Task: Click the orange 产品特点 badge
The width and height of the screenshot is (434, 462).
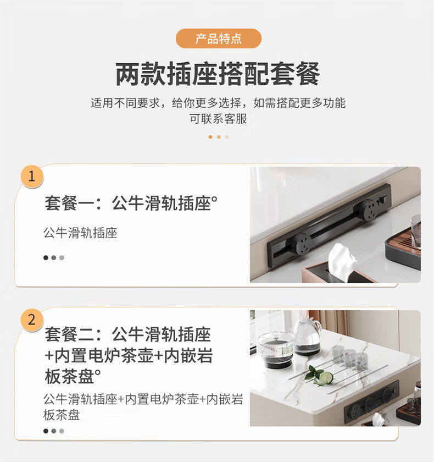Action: click(x=218, y=38)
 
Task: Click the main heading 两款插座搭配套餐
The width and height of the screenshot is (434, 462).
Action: click(x=218, y=74)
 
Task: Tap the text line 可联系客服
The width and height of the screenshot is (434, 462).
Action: click(x=218, y=119)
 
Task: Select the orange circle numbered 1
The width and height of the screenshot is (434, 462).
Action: click(x=32, y=176)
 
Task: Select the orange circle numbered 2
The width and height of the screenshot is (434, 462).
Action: click(x=32, y=320)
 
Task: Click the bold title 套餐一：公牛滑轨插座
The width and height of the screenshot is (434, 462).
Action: click(x=129, y=204)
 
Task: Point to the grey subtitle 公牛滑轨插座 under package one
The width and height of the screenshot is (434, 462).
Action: click(x=80, y=233)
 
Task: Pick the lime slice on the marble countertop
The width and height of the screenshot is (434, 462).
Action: click(x=326, y=378)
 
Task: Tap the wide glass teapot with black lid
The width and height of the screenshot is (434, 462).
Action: click(x=276, y=351)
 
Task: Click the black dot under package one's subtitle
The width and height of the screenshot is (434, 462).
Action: click(x=46, y=257)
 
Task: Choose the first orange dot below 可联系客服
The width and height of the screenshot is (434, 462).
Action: click(x=210, y=137)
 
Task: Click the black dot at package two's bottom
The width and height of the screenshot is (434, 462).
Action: click(x=46, y=431)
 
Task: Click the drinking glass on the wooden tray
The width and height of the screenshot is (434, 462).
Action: click(x=416, y=230)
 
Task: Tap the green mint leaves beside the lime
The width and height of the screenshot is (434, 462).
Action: click(x=312, y=373)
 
